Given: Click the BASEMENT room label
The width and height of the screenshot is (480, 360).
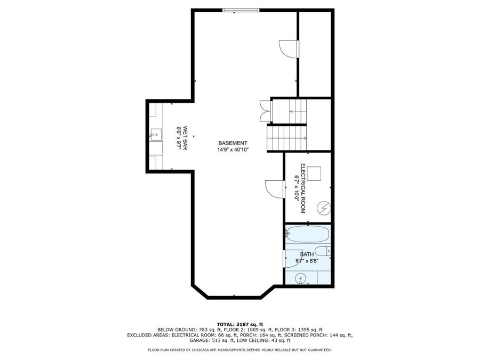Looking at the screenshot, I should [233, 143].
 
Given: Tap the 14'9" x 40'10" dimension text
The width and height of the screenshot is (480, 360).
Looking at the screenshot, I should [233, 150].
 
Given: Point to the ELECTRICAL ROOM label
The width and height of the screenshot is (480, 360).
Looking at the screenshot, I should [302, 188].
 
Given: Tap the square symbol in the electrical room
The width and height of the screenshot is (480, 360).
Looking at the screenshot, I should [314, 173].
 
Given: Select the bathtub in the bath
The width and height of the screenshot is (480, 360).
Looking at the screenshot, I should [308, 234].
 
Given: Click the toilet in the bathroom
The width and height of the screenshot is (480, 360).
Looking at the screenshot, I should [323, 251].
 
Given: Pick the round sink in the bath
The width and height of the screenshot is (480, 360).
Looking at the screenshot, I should [301, 278].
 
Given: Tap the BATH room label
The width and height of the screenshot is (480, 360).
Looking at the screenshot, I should [307, 254].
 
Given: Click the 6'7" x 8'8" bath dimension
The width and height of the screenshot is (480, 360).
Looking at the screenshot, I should [307, 261].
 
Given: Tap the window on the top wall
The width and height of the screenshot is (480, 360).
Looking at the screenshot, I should [241, 10].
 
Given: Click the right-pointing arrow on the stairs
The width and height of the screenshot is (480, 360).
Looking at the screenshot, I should [304, 138].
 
